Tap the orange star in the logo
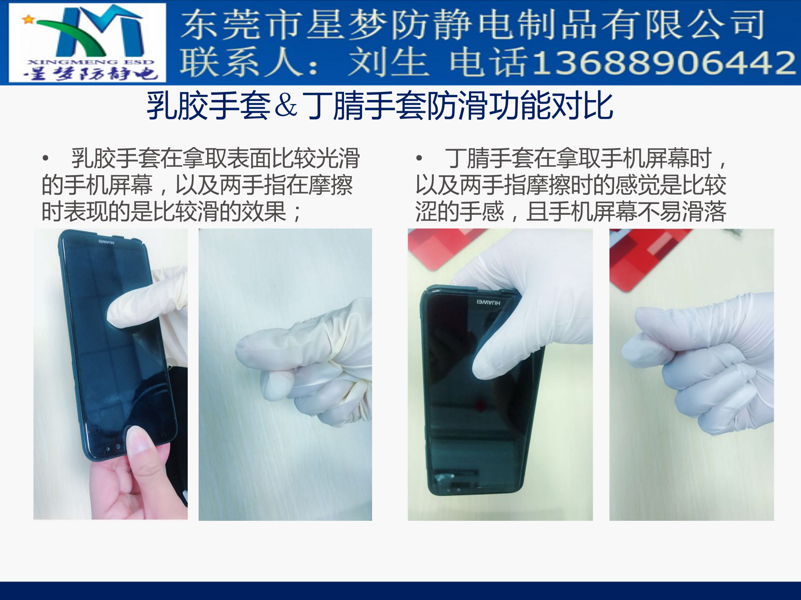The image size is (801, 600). click(28, 19)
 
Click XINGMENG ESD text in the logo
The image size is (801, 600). click(91, 62)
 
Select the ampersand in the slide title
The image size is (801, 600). click(286, 106)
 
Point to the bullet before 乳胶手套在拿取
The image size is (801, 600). click(46, 158)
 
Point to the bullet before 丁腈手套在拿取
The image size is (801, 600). click(419, 158)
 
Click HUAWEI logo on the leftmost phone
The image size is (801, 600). click(107, 242)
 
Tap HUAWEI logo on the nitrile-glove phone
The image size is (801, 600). click(488, 302)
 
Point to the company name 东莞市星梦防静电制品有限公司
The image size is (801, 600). click(473, 25)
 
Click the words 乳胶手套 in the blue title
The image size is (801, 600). click(208, 106)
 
